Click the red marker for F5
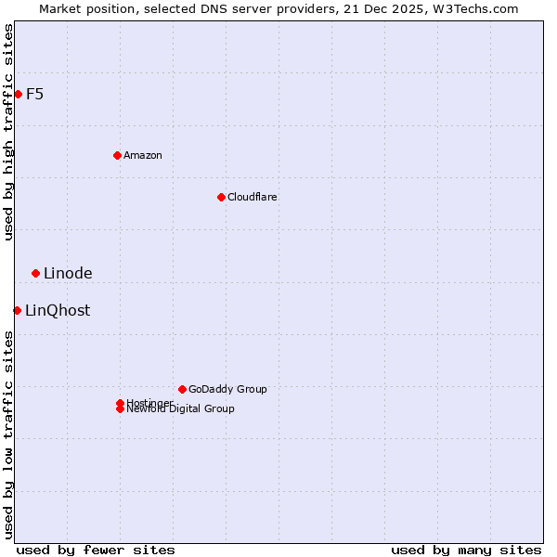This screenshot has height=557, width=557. [x=18, y=94]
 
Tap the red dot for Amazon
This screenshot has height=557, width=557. [x=117, y=155]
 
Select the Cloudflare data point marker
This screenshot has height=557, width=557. [x=221, y=197]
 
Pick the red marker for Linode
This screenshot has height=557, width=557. [x=35, y=273]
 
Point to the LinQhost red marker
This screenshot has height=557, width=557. [x=17, y=310]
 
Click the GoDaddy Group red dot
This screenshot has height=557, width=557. [x=182, y=389]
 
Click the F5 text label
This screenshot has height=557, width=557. [x=34, y=94]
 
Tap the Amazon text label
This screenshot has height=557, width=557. [x=143, y=155]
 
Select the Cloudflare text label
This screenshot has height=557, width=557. [x=253, y=197]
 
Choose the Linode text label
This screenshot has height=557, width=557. [x=68, y=273]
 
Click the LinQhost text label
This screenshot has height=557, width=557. [x=58, y=310]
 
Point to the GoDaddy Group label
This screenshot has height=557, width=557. [x=227, y=389]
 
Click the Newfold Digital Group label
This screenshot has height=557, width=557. [x=181, y=409]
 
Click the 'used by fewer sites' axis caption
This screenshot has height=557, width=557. [x=96, y=550]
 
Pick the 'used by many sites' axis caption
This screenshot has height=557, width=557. [x=466, y=550]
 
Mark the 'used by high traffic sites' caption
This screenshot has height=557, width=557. [x=8, y=132]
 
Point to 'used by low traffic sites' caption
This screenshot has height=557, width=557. [x=8, y=434]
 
